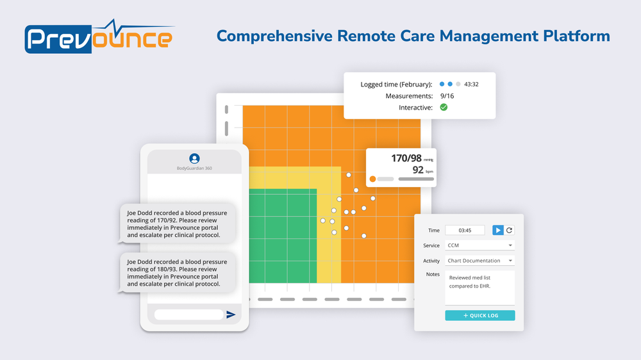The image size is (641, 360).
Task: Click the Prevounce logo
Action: point(99,38)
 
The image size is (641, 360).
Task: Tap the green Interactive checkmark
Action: point(444,107)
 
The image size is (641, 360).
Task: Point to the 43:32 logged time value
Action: point(471,84)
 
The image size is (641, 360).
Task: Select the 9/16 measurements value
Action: point(447,95)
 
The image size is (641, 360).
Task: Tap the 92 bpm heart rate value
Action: point(418,170)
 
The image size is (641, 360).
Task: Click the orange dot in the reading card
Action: point(373,179)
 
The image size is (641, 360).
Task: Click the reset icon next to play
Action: point(509,230)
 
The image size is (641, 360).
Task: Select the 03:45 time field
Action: point(465,230)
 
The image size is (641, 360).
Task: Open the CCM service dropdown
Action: point(479,245)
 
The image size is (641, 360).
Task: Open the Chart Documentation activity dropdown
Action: point(479,261)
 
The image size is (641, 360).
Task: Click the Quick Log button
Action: point(479,315)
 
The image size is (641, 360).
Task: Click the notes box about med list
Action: point(479,288)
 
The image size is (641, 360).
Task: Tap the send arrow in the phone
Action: point(231,315)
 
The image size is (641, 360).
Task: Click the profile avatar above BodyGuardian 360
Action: point(194,158)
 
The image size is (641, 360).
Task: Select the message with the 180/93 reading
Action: point(177,272)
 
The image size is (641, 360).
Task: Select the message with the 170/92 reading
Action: point(177,224)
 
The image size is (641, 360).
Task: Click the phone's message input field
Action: point(188,315)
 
